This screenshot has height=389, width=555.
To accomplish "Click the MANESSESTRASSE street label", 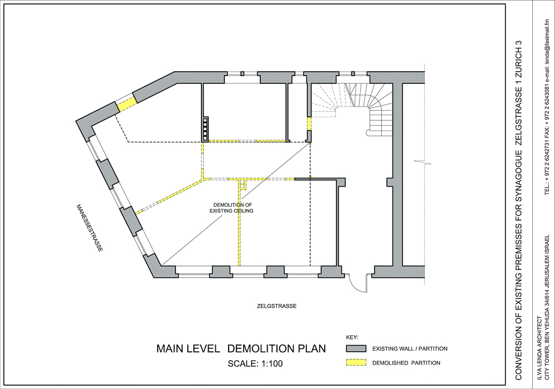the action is tap(90, 228).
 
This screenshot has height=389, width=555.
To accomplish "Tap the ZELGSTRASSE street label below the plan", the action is tap(277, 306).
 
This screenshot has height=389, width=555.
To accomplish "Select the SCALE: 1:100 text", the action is tap(255, 364).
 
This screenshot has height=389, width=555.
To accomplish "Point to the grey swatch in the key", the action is tap(356, 348).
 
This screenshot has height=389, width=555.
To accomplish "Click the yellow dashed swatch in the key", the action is tap(356, 363).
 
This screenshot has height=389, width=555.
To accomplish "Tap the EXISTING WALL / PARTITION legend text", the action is tap(410, 348).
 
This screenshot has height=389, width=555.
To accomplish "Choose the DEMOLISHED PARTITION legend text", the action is tap(406, 363).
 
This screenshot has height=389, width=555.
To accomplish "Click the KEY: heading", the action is tap(352, 337).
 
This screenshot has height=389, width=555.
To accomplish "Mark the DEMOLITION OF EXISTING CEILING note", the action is tap(232, 208).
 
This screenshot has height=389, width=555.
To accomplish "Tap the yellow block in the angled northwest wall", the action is tap(127, 103).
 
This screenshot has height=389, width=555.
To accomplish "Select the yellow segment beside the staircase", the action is tap(309, 123).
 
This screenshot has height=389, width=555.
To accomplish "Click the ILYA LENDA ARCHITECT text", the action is tap(539, 349).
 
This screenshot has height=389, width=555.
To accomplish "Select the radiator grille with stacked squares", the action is tap(205, 128).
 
